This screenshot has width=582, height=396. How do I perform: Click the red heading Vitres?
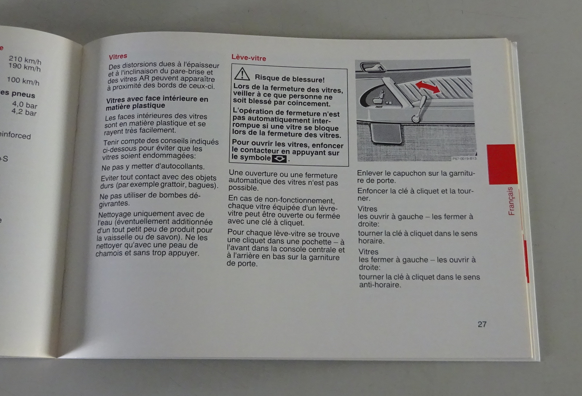[x=118, y=56]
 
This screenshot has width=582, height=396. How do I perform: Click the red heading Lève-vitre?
[x=249, y=58]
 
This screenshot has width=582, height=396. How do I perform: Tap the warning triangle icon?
[x=242, y=74]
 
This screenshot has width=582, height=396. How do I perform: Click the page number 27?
[x=482, y=324]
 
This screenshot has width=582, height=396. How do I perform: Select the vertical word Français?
[x=511, y=201]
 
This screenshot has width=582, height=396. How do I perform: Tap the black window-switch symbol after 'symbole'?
[x=279, y=159]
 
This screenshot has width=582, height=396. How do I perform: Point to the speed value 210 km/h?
[x=25, y=60]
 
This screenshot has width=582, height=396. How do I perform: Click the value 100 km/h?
[x=23, y=81]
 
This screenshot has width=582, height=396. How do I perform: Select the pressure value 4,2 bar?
[x=24, y=112]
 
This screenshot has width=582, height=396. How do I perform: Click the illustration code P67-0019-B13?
[x=464, y=159]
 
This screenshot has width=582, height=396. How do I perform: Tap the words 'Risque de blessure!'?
[x=290, y=79]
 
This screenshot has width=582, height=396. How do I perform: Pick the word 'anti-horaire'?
[x=380, y=285]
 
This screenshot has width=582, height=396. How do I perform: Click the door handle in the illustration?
[x=372, y=67]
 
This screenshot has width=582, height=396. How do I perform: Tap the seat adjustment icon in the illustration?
[x=378, y=98]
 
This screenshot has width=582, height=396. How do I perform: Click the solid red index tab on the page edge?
[x=502, y=164]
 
